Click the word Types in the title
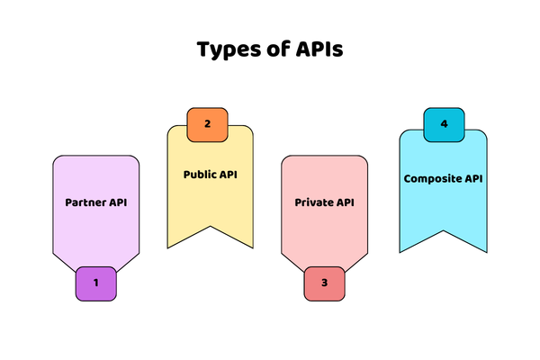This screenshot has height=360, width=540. tap(227, 49)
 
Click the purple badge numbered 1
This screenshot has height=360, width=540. tap(96, 283)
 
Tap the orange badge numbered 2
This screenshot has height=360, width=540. tap(208, 124)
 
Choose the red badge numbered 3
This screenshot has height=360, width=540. tap(325, 283)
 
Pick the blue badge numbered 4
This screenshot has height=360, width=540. tap(443, 124)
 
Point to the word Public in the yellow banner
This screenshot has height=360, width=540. tap(197, 175)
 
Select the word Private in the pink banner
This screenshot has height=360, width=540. tap(313, 202)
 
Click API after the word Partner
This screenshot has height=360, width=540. tap(118, 202)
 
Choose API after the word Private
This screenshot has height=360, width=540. tap(344, 202)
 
